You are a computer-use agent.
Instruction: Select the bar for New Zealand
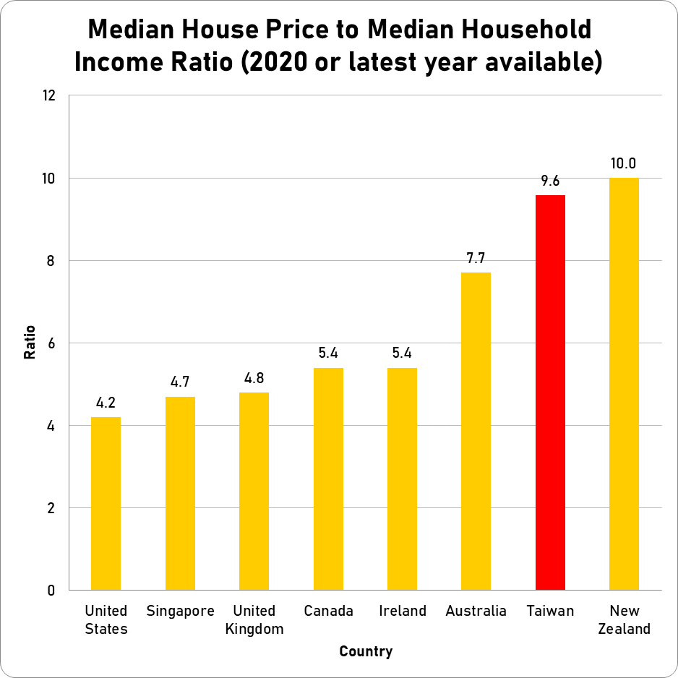pos(624,384)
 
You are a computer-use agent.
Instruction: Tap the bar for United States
pos(106,504)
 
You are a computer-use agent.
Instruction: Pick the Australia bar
pos(476,432)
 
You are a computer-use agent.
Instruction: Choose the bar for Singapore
pos(180,494)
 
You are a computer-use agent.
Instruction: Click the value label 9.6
pos(550,181)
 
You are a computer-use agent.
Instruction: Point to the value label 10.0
pos(624,164)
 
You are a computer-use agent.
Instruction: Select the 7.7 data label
pos(476,259)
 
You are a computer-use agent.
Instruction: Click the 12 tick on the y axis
pos(48,95)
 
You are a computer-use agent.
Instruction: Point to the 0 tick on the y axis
pos(51,591)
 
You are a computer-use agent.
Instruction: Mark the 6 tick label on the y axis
pos(51,343)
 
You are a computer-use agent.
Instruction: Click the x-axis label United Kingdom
pos(254,619)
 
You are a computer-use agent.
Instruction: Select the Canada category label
pos(328,611)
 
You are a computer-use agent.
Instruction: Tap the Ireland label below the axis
pos(403,611)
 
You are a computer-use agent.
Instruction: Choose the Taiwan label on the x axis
pos(550,611)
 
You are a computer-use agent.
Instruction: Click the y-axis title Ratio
pos(30,343)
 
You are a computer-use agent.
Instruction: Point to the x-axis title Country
pos(366,651)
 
